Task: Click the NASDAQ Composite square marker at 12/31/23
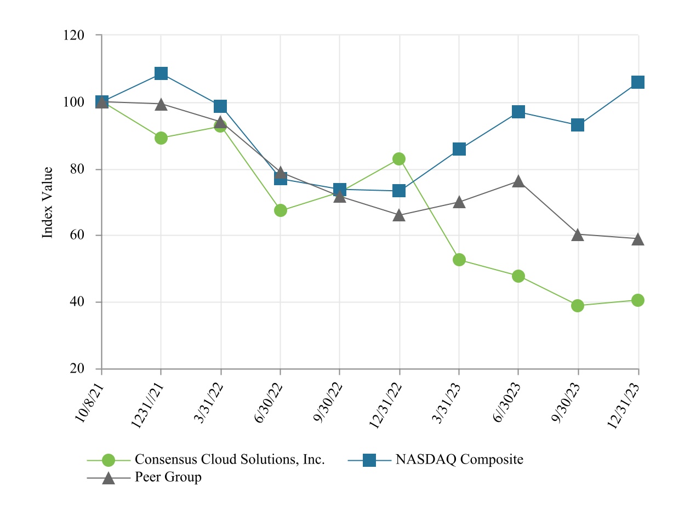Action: pyautogui.click(x=638, y=82)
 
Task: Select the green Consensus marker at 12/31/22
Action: pyautogui.click(x=399, y=159)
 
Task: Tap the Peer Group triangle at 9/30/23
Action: pyautogui.click(x=578, y=235)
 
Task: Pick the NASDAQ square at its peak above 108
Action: pyautogui.click(x=161, y=73)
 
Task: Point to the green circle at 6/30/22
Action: pyautogui.click(x=280, y=210)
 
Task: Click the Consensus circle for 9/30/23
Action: pyautogui.click(x=578, y=306)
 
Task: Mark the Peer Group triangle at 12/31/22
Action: pyautogui.click(x=399, y=215)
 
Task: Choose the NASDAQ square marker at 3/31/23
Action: pyautogui.click(x=459, y=149)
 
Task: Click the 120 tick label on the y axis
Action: pyautogui.click(x=74, y=35)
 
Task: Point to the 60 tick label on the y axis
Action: pyautogui.click(x=77, y=236)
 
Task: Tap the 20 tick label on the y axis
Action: pyautogui.click(x=77, y=369)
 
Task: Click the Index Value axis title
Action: pyautogui.click(x=48, y=202)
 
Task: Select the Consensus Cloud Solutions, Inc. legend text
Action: pyautogui.click(x=230, y=459)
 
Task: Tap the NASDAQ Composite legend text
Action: pyautogui.click(x=459, y=459)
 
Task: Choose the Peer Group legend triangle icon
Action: pyautogui.click(x=109, y=478)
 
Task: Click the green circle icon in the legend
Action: pyautogui.click(x=109, y=460)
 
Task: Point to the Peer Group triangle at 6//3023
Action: pyautogui.click(x=518, y=181)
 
